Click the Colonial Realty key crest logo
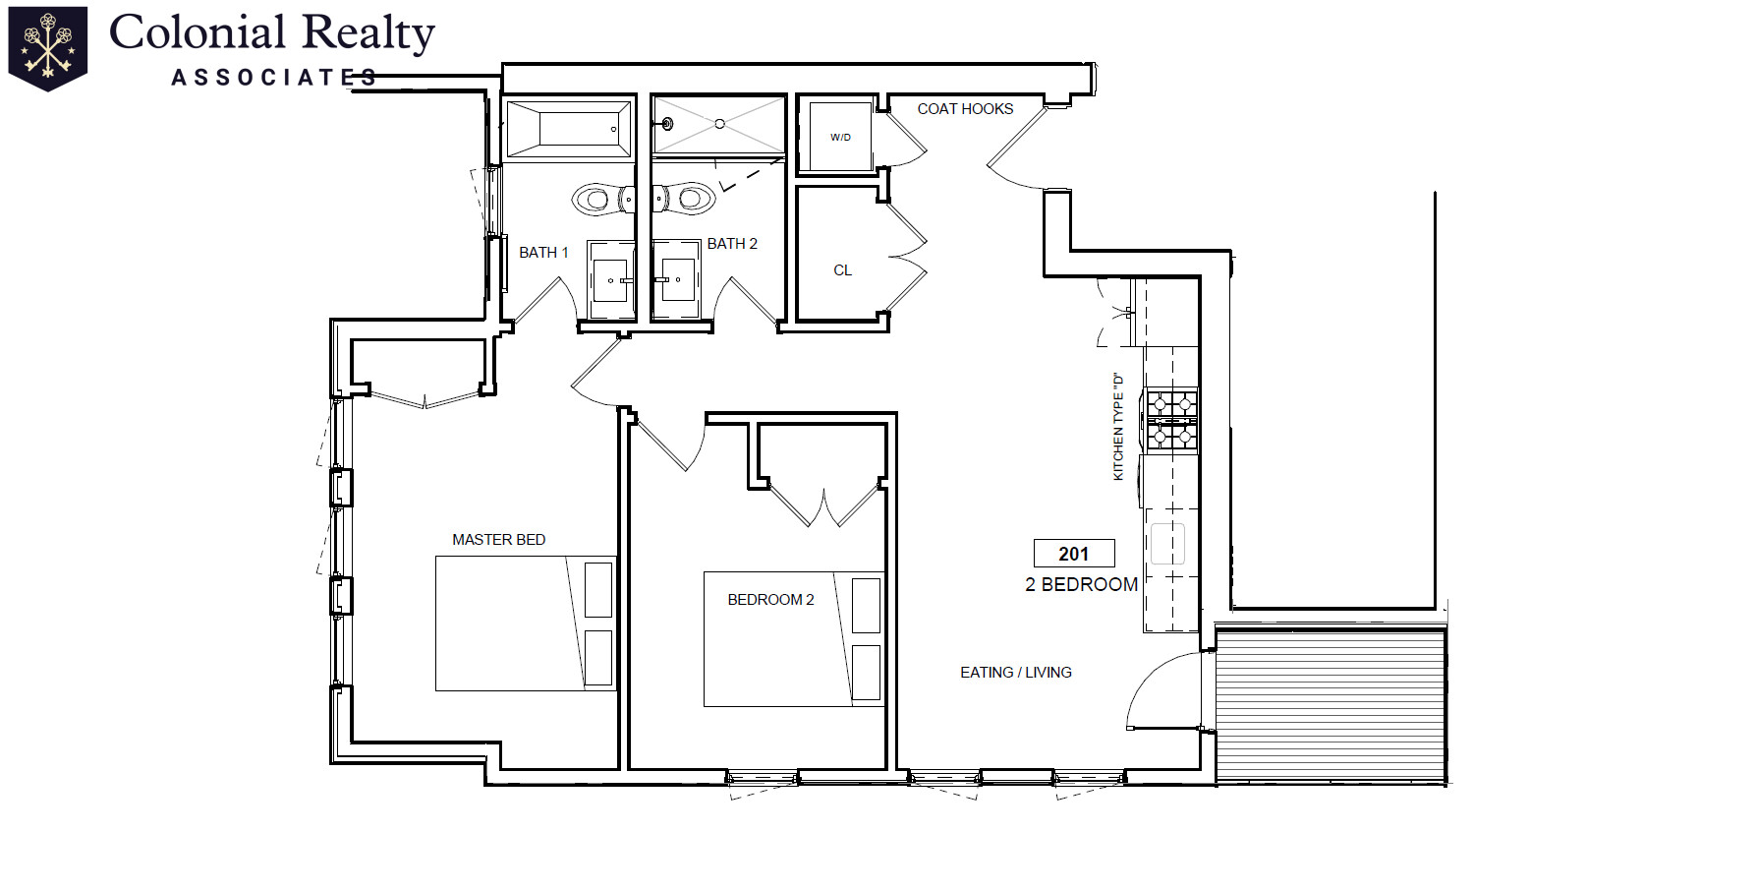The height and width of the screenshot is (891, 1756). click(47, 48)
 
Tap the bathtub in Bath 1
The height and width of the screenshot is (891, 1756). click(568, 129)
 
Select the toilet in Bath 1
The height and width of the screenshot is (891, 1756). click(602, 200)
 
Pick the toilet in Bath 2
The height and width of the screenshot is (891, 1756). click(684, 199)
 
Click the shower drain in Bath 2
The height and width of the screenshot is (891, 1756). click(719, 124)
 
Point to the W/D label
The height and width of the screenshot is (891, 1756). click(840, 138)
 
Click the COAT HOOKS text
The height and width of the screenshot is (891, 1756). click(965, 109)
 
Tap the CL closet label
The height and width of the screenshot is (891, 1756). click(842, 270)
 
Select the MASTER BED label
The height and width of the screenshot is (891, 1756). click(498, 540)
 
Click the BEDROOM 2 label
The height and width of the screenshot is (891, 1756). click(770, 600)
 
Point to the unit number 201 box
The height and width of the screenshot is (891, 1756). click(1074, 554)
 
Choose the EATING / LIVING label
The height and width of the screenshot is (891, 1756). click(1016, 673)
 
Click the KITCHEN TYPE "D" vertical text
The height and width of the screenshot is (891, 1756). click(1117, 426)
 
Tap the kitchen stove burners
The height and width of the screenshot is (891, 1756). click(1172, 420)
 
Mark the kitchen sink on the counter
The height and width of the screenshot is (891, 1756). click(1168, 544)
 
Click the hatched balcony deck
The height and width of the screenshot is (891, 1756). click(1331, 706)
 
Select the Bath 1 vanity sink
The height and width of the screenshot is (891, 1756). click(610, 280)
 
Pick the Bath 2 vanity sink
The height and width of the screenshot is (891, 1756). click(677, 279)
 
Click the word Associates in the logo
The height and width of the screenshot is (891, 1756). click(274, 78)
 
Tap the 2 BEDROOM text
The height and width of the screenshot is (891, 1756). click(1081, 585)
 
